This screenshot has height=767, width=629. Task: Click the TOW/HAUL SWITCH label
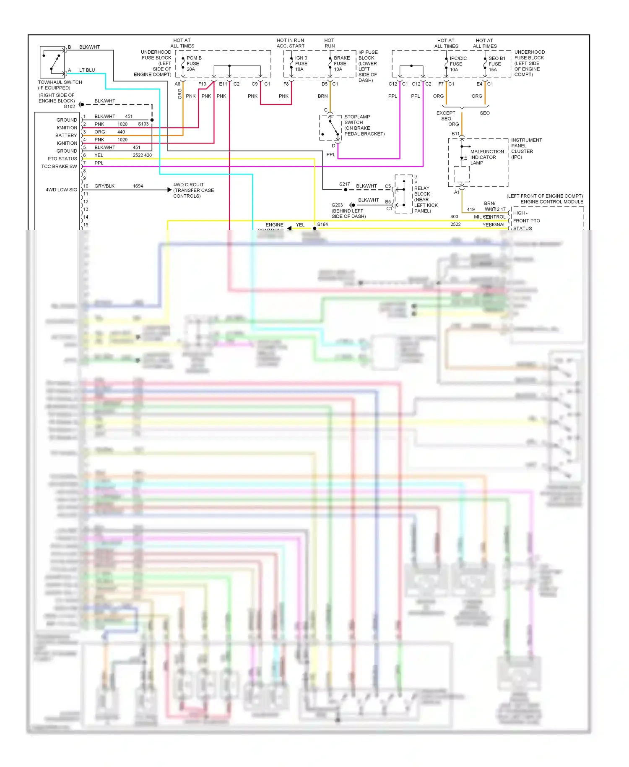coord(60,82)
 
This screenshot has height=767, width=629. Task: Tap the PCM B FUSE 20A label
coord(193,63)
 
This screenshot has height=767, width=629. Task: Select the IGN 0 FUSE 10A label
coord(301,63)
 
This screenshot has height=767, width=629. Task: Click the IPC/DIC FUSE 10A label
coord(457,64)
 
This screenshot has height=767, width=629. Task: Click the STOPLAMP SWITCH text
coord(357,120)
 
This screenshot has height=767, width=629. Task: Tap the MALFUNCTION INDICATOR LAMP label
coord(486,157)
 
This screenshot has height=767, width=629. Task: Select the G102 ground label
coord(69,107)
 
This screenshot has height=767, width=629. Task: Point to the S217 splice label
coord(344,184)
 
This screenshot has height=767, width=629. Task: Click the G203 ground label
coord(337,205)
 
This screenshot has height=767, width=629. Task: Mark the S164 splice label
coord(322,224)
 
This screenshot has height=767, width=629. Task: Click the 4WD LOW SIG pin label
coord(61,190)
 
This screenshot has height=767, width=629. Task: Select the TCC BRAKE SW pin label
coord(59,167)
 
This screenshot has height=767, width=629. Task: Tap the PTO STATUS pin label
coord(62,159)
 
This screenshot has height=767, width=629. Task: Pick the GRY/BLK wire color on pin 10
coord(104,186)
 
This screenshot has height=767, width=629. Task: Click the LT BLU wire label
coord(87,70)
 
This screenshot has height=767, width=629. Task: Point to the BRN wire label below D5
coord(322,96)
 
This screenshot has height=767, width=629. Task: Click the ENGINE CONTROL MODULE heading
coord(552,202)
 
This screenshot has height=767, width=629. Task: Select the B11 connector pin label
coord(455,133)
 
